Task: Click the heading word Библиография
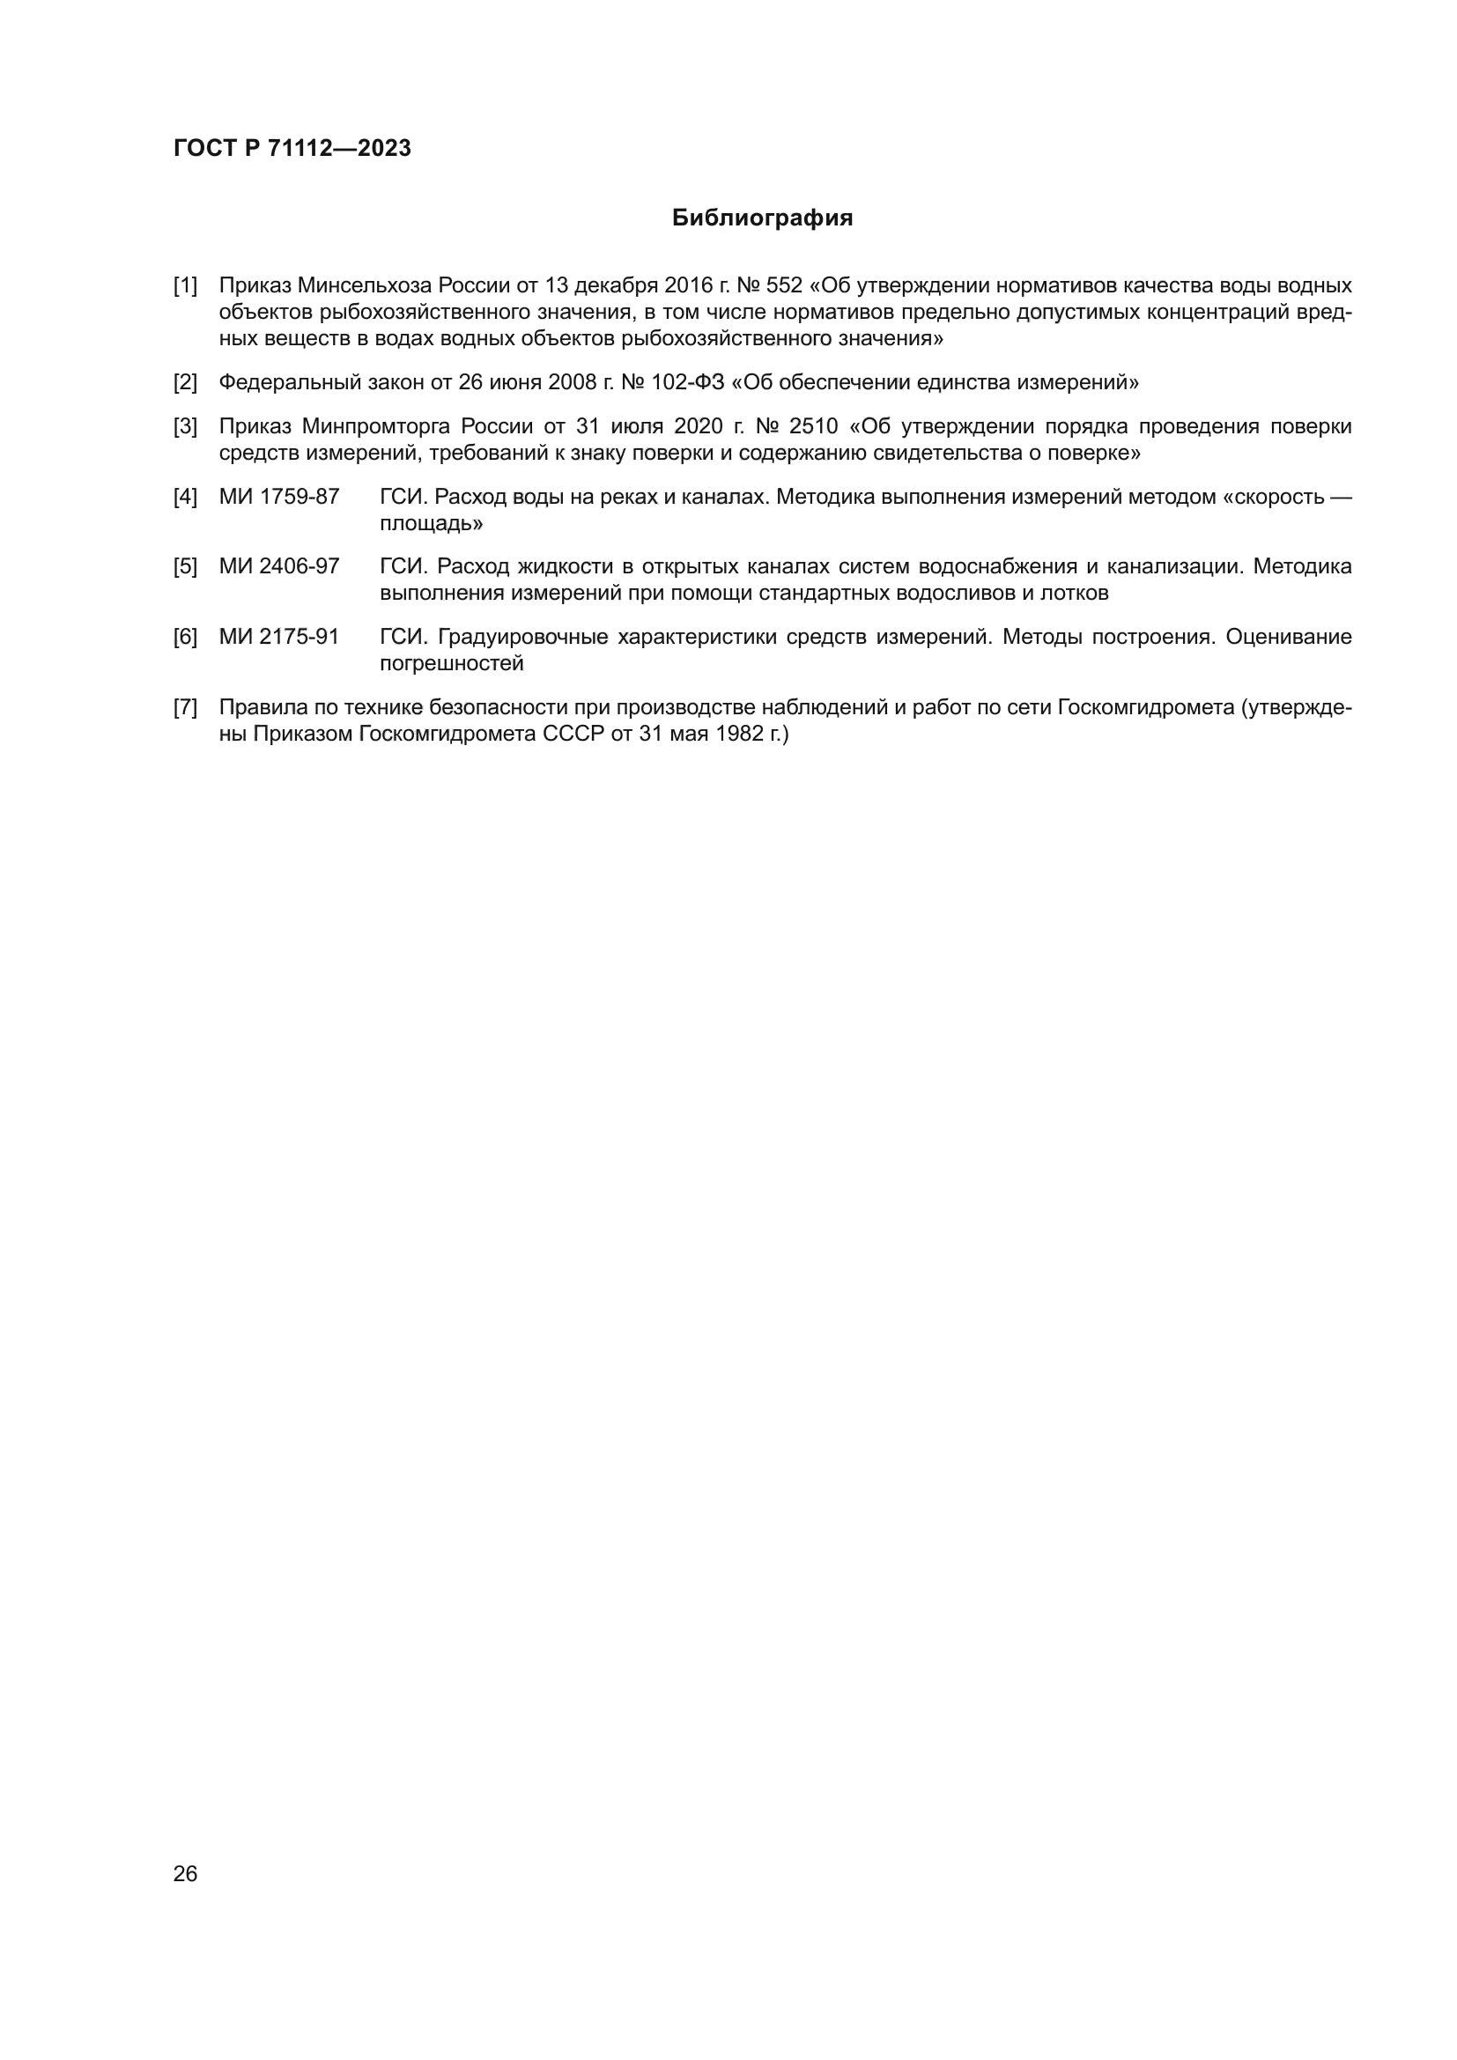(x=762, y=218)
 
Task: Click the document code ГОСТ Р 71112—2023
(x=292, y=148)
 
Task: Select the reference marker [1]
(x=185, y=286)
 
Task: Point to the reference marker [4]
(x=185, y=497)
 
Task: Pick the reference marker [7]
(x=185, y=708)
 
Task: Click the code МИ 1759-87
(x=279, y=497)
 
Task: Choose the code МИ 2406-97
(x=279, y=567)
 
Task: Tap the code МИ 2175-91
(x=279, y=637)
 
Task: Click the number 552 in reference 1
(x=784, y=286)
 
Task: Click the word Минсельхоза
(x=366, y=286)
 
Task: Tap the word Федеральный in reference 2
(x=290, y=383)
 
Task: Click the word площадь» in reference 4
(x=431, y=523)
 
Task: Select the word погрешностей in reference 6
(x=451, y=664)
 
